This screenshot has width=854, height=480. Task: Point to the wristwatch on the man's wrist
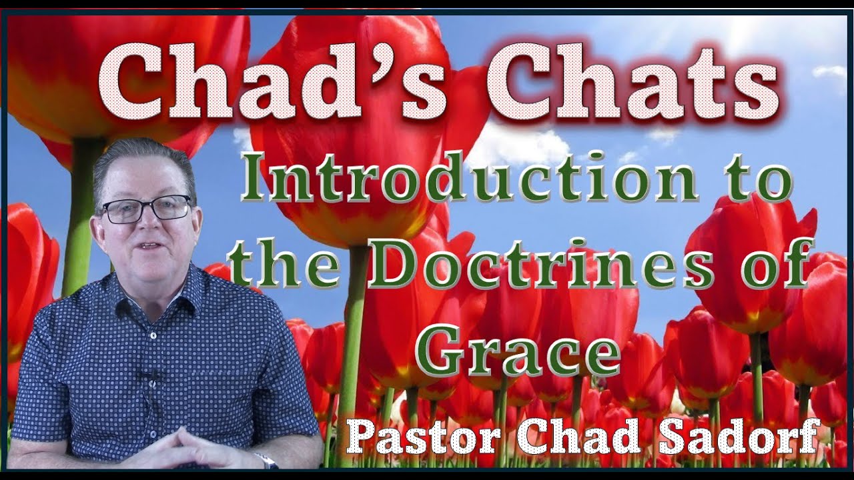click(x=266, y=460)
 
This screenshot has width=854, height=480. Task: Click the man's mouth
click(x=151, y=247)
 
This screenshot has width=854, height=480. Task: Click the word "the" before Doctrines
click(x=280, y=271)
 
